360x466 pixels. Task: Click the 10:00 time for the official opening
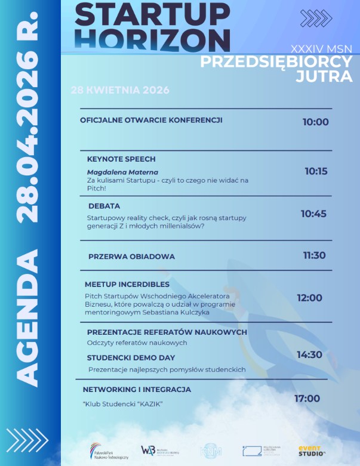pyautogui.click(x=315, y=122)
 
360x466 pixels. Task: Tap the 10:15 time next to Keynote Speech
pyautogui.click(x=316, y=171)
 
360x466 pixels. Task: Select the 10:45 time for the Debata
pyautogui.click(x=313, y=214)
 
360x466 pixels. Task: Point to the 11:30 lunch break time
pyautogui.click(x=314, y=255)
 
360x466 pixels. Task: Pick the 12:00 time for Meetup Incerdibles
pyautogui.click(x=309, y=298)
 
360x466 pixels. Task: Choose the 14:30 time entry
pyautogui.click(x=309, y=354)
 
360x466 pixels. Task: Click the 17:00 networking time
pyautogui.click(x=307, y=399)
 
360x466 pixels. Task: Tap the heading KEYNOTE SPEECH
pyautogui.click(x=121, y=159)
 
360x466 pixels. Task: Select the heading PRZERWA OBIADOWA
pyautogui.click(x=131, y=257)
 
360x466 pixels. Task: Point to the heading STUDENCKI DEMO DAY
pyautogui.click(x=131, y=358)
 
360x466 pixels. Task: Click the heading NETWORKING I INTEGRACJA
pyautogui.click(x=137, y=390)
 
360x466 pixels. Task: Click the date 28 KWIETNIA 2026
pyautogui.click(x=120, y=90)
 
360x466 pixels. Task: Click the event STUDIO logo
pyautogui.click(x=312, y=450)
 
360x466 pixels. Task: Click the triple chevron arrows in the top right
pyautogui.click(x=315, y=18)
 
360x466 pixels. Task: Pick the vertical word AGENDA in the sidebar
pyautogui.click(x=30, y=317)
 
